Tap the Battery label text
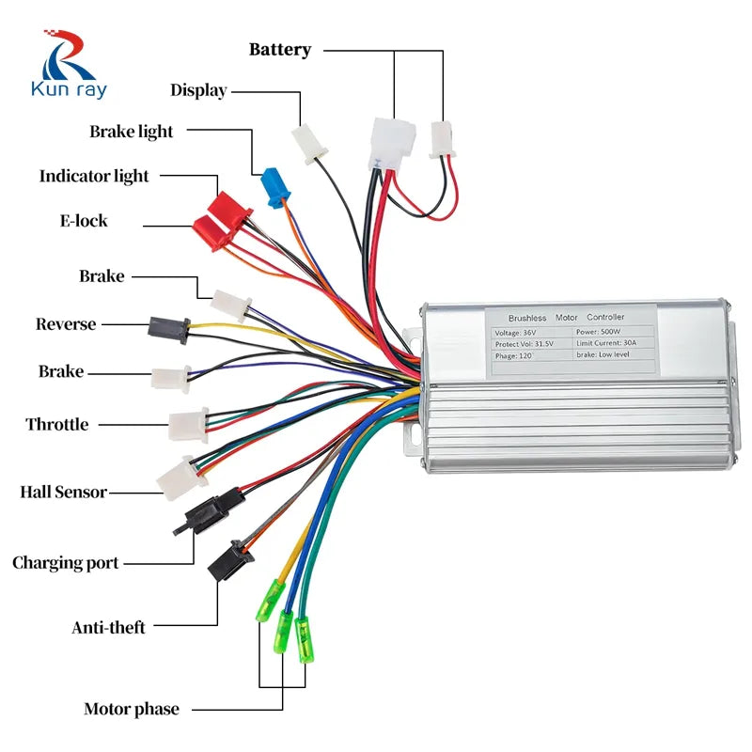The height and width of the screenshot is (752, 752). tap(279, 50)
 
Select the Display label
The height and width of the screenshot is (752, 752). tap(198, 90)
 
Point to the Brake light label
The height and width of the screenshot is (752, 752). tap(132, 132)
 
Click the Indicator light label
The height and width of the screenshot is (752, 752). tap(94, 176)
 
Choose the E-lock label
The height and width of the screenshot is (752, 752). tap(84, 221)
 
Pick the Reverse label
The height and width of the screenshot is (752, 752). tap(66, 324)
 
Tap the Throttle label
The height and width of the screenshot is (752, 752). tap(57, 425)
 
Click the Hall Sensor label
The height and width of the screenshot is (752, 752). tap(63, 492)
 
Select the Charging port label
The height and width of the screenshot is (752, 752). tap(66, 563)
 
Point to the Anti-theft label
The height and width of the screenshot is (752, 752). tap(109, 627)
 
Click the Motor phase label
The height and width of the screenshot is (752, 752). tap(132, 709)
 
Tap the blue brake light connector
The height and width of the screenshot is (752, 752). tap(274, 186)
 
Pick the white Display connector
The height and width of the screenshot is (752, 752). tap(307, 145)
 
